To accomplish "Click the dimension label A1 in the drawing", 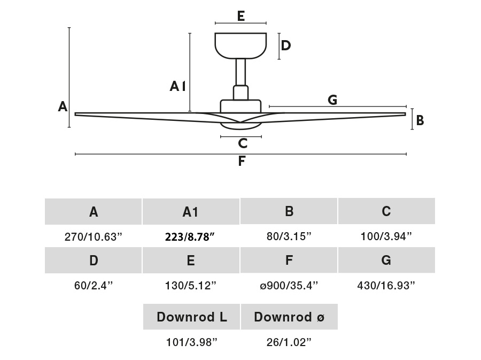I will click(x=177, y=86).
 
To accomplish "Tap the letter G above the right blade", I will click(x=332, y=99).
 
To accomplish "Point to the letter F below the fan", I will click(x=242, y=160).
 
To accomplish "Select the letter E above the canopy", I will click(x=241, y=16).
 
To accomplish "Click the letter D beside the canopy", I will click(x=286, y=45).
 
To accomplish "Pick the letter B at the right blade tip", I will click(x=420, y=120).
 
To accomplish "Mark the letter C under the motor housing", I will click(x=243, y=143).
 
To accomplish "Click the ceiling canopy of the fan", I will click(x=241, y=45).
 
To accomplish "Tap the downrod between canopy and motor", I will click(x=241, y=72).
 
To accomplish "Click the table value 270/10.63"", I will click(x=94, y=237).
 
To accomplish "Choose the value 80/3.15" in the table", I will click(x=289, y=237).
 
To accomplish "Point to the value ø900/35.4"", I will click(x=289, y=286).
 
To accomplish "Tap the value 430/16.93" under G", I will click(x=386, y=286).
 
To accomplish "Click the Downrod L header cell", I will click(x=191, y=317).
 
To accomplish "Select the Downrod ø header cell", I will click(x=289, y=317).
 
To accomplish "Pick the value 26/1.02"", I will click(x=289, y=342).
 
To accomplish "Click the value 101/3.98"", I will click(x=191, y=342).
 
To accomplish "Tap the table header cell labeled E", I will click(x=191, y=261).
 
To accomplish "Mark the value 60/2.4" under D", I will click(x=94, y=286).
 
